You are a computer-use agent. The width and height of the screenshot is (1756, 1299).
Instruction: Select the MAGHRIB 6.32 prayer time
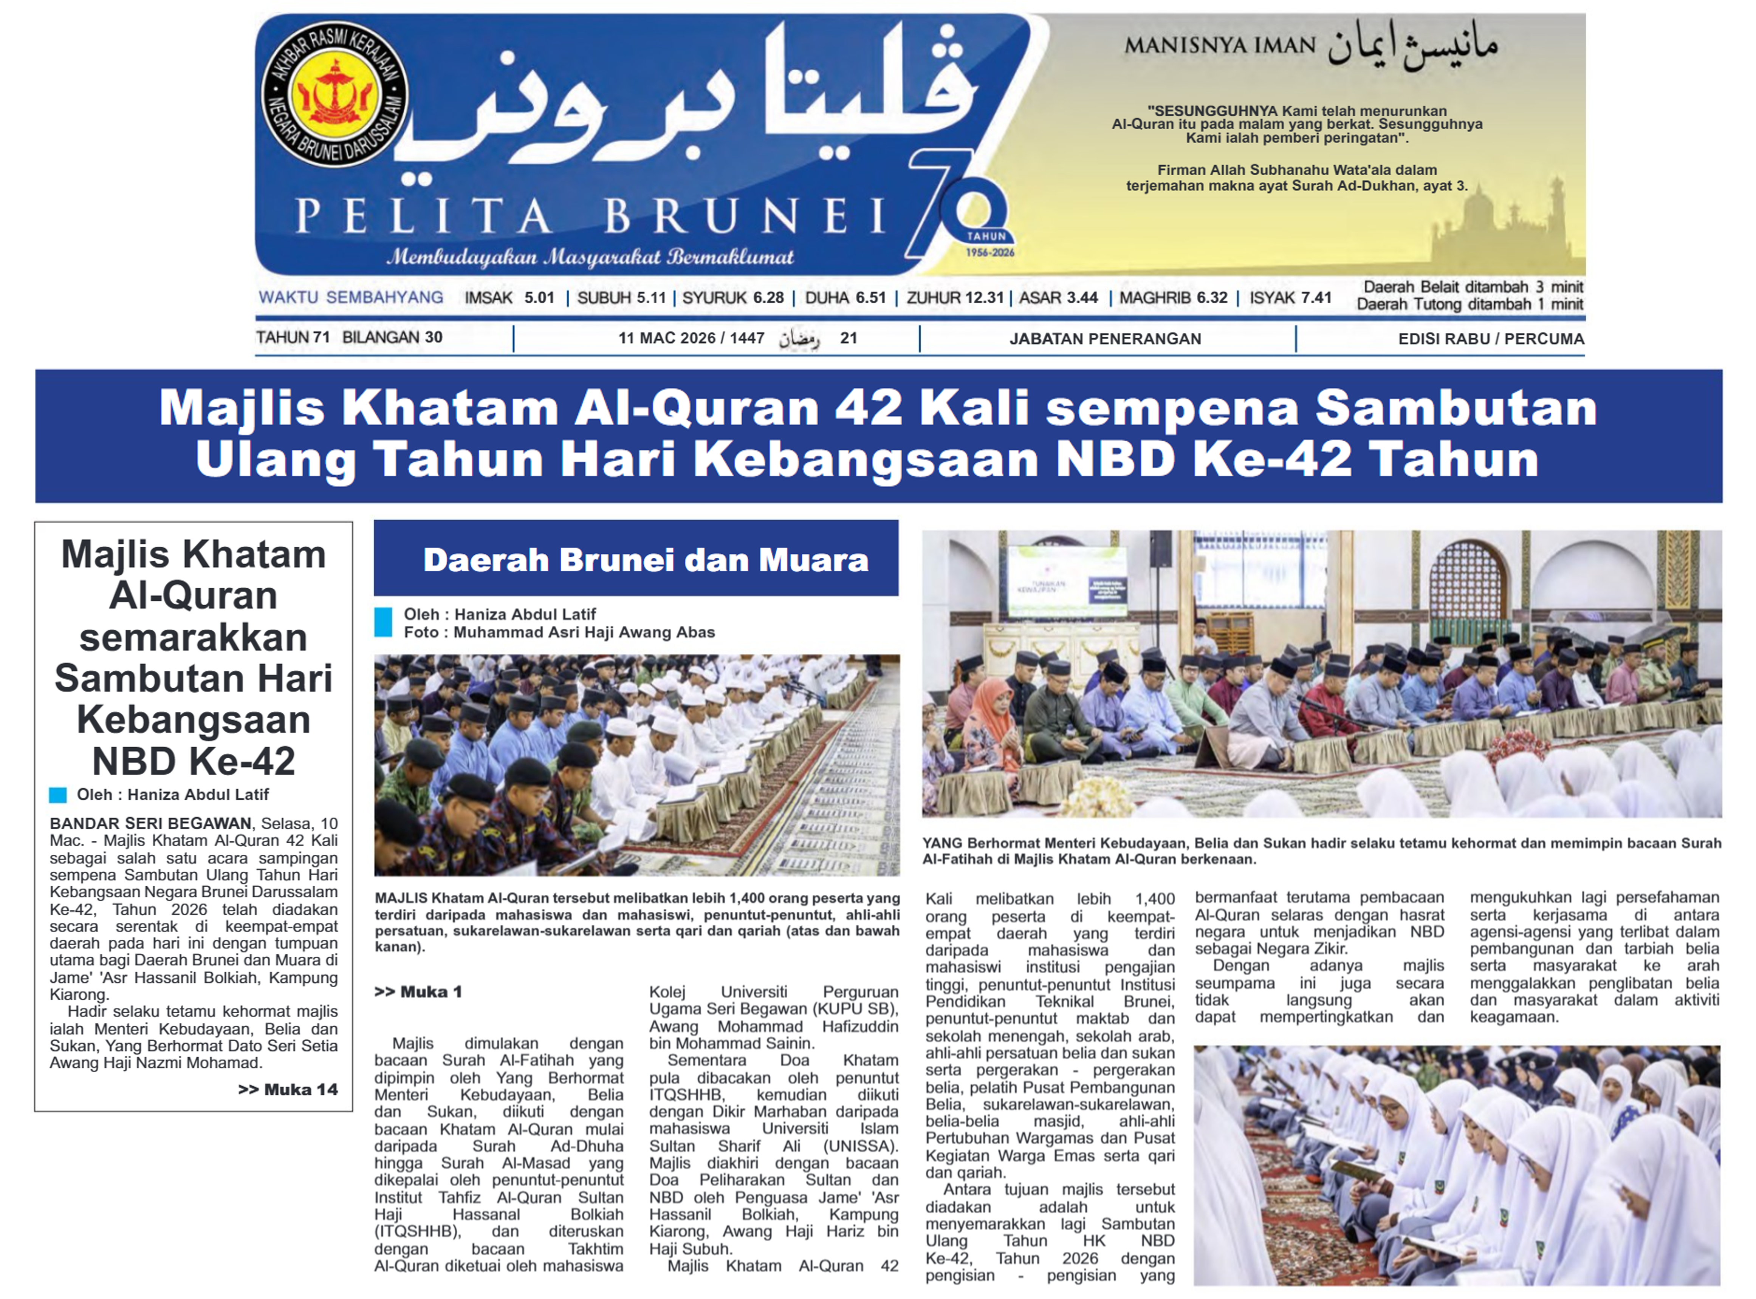tap(1172, 298)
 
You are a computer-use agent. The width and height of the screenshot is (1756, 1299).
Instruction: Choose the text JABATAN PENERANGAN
tap(1105, 339)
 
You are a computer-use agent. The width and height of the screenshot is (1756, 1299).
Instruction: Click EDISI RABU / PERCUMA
tap(1490, 339)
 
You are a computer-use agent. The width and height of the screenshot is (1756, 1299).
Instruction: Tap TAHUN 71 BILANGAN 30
tap(349, 337)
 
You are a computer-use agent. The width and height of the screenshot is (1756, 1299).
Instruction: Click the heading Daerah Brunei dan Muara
tap(645, 560)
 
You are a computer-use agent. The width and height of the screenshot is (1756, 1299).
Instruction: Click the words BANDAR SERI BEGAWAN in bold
tap(150, 823)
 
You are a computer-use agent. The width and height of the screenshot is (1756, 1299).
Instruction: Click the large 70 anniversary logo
tap(963, 206)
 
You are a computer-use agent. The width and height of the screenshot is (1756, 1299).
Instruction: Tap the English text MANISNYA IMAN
tap(1219, 46)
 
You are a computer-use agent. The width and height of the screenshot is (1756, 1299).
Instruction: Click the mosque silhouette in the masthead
tap(1494, 228)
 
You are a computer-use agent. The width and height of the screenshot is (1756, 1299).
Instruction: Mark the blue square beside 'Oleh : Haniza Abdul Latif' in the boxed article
tap(57, 795)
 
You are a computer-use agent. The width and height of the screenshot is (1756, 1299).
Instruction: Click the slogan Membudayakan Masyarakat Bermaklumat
tap(590, 257)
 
